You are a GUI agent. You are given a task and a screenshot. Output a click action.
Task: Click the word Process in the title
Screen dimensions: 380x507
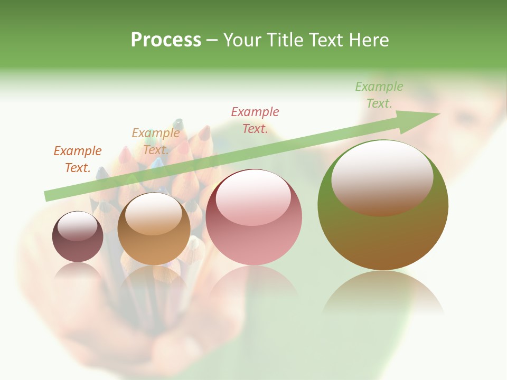[x=166, y=40]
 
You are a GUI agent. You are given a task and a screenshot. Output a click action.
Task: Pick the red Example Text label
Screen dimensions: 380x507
[x=255, y=120]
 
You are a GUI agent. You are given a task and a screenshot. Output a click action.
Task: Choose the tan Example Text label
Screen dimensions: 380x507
[x=155, y=141]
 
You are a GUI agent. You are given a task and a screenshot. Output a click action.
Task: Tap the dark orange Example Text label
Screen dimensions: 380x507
[x=78, y=159]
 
